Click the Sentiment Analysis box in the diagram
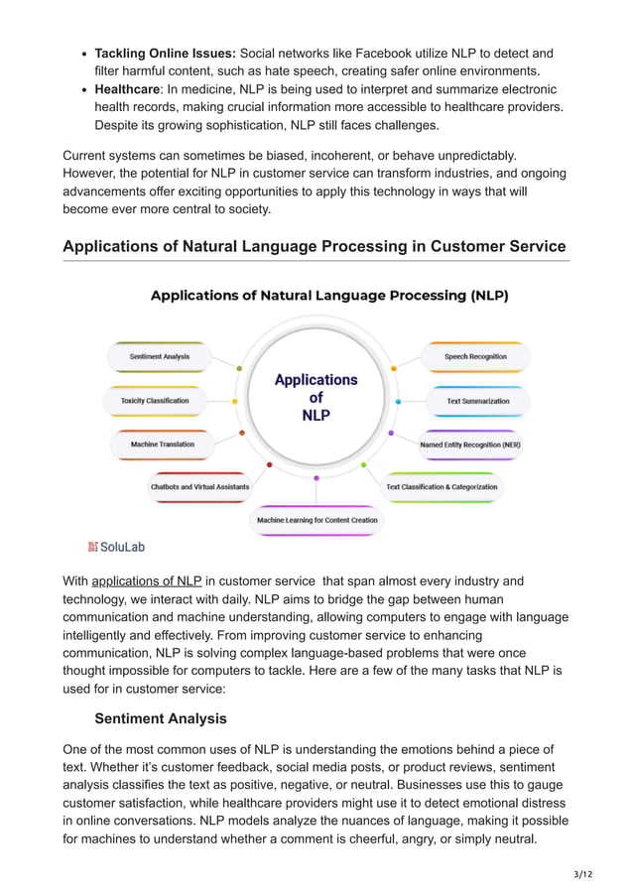point(160,356)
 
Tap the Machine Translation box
point(163,445)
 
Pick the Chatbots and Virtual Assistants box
point(199,487)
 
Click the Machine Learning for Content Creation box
point(316,520)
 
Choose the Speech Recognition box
point(475,356)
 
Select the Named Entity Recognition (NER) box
point(470,445)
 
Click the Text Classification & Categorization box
point(443,487)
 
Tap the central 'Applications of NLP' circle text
point(316,397)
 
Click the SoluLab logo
point(116,547)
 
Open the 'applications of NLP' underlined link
point(147,581)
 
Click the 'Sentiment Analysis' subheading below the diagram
point(160,718)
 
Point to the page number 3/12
point(582,874)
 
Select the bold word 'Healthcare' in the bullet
point(127,89)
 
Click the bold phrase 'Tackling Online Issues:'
point(165,53)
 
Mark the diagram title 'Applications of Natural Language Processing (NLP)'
point(329,296)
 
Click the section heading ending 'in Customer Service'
point(315,246)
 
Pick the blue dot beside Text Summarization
point(398,401)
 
